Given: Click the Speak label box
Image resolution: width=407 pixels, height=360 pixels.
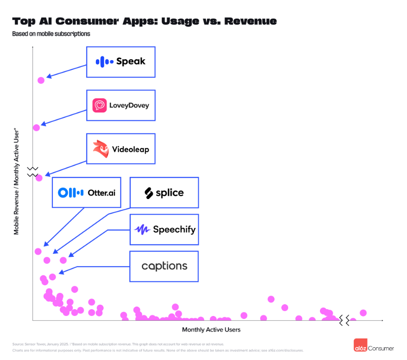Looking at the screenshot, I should coord(121,62).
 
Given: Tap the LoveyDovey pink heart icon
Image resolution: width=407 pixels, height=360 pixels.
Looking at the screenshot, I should coord(100,105).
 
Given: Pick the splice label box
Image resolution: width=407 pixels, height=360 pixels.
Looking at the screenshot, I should coord(164,193).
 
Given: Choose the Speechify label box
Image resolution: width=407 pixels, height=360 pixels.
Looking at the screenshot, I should coord(164,229).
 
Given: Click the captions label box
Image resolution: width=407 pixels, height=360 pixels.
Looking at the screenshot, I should coord(164,266).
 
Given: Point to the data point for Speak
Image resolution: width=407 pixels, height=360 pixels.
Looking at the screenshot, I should coord(41,80).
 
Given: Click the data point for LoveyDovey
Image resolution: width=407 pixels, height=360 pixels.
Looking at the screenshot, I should coord(36,128).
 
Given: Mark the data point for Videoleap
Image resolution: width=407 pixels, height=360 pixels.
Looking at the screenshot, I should coord(39,178).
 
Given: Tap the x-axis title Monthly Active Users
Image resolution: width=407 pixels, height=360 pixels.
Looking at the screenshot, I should coord(211,330).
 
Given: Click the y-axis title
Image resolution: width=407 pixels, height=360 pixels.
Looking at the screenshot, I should coord(17,181).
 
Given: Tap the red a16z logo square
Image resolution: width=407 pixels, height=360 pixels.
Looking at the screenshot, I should coord(361,345).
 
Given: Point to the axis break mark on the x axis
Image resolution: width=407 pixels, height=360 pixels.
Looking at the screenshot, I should coord(344,320).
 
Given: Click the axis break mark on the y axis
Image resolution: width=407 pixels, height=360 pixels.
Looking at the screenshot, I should coord(32,172).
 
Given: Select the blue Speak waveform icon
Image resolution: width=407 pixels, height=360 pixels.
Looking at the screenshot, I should coord(104,62).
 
